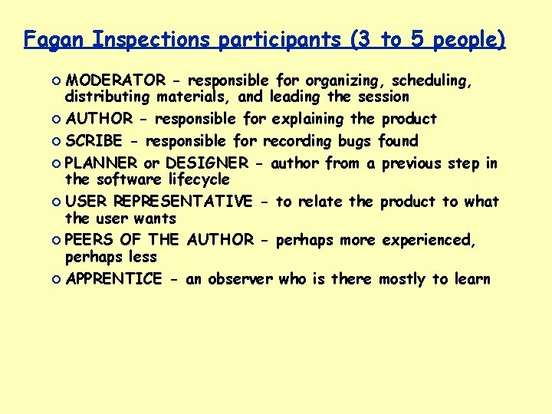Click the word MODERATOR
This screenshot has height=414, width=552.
click(x=114, y=80)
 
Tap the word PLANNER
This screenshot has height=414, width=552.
click(x=101, y=163)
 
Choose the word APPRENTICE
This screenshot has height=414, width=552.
click(x=113, y=279)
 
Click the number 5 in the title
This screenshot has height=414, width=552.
click(x=419, y=40)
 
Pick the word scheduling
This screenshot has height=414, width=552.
click(x=434, y=81)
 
